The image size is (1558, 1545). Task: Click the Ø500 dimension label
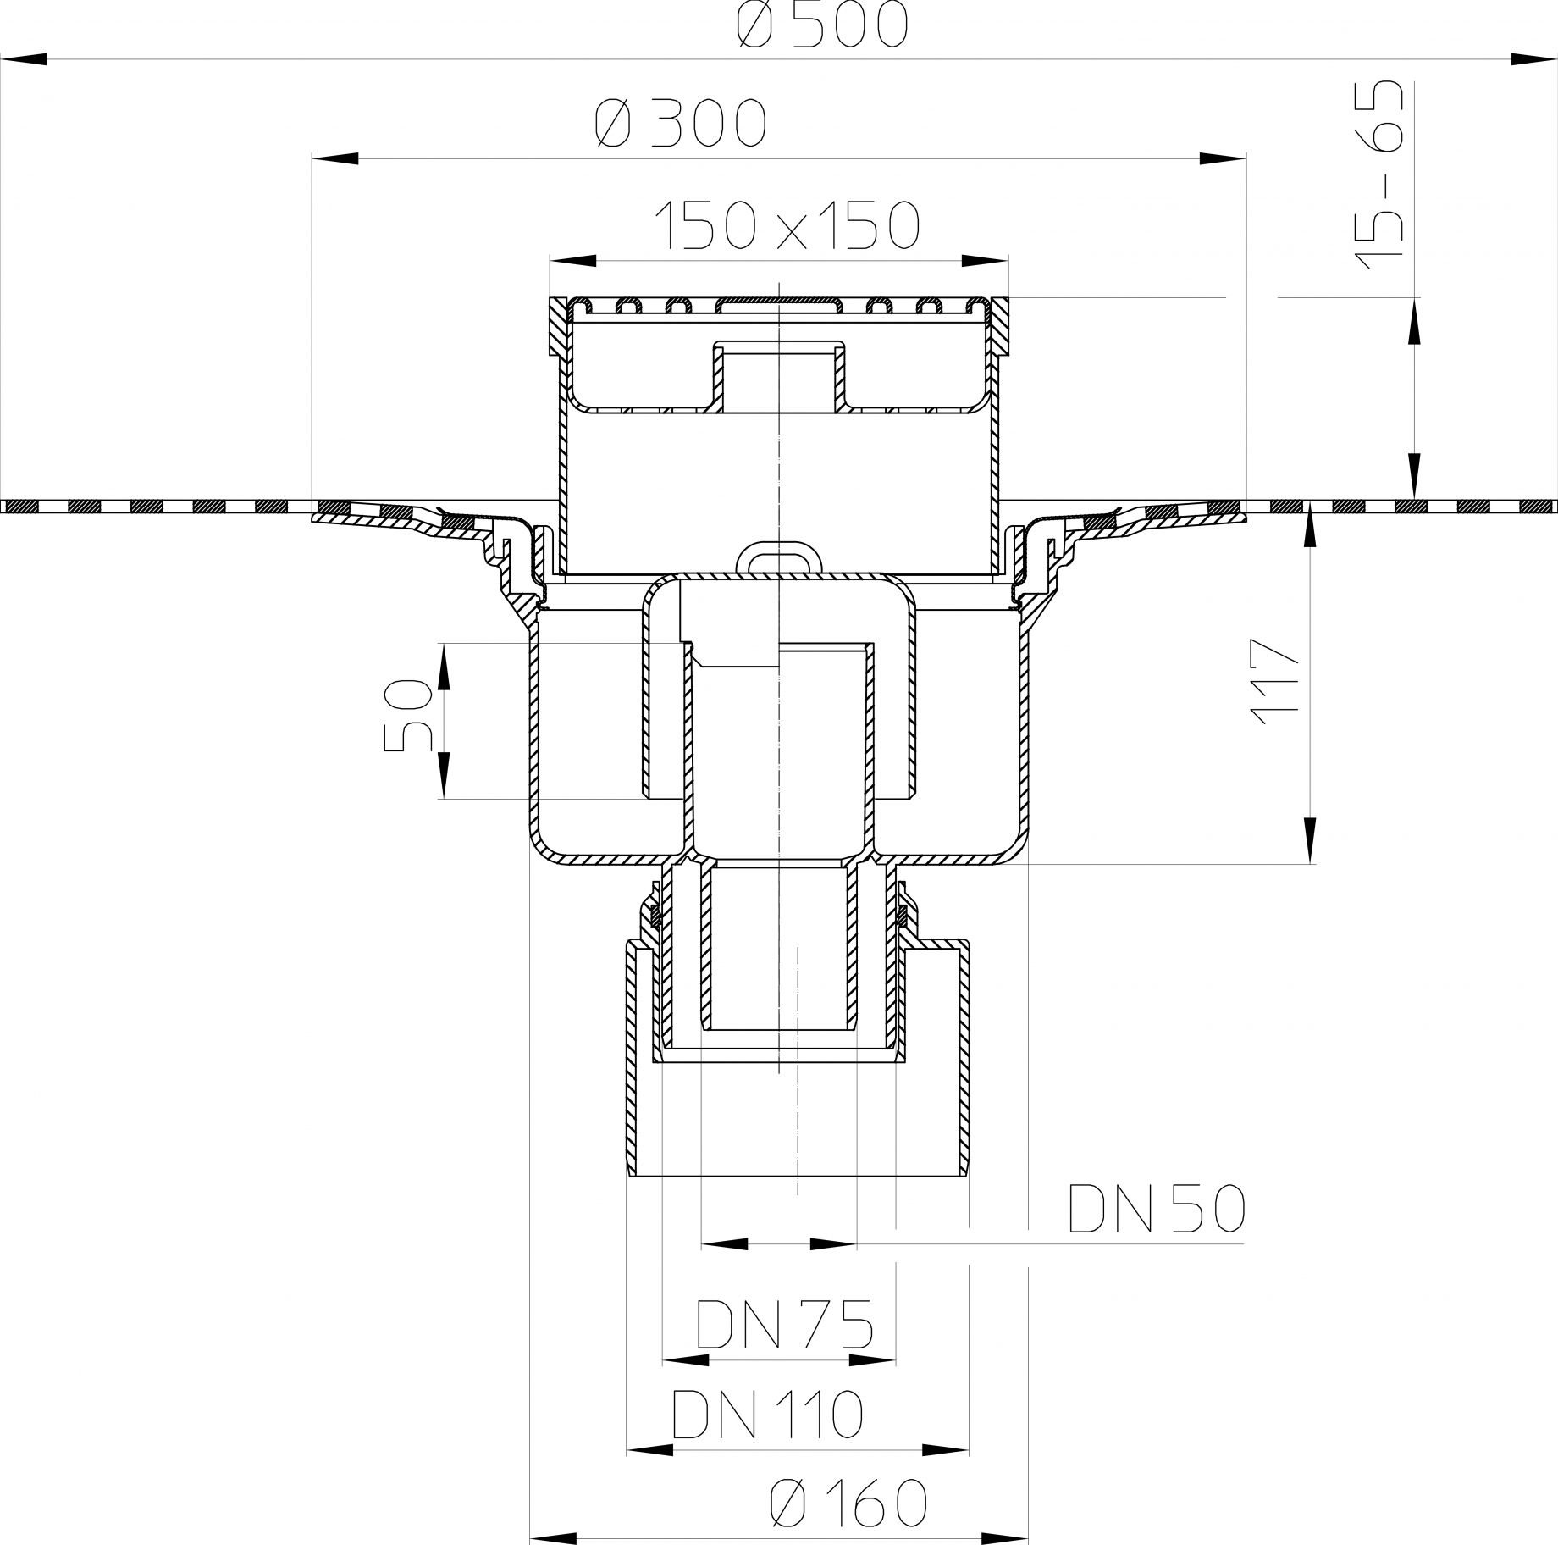click(822, 24)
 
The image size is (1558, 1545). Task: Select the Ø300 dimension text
click(681, 124)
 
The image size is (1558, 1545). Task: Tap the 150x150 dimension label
click(788, 224)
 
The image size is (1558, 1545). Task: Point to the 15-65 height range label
click(1378, 175)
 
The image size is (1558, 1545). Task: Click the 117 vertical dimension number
click(1274, 681)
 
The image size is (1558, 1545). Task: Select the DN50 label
click(1157, 1209)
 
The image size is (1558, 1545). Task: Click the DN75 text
click(784, 1324)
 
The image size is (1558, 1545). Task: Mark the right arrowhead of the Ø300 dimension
click(1224, 158)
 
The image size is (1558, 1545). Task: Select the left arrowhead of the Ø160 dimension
click(553, 1537)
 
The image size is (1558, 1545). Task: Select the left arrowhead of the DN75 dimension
click(686, 1360)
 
